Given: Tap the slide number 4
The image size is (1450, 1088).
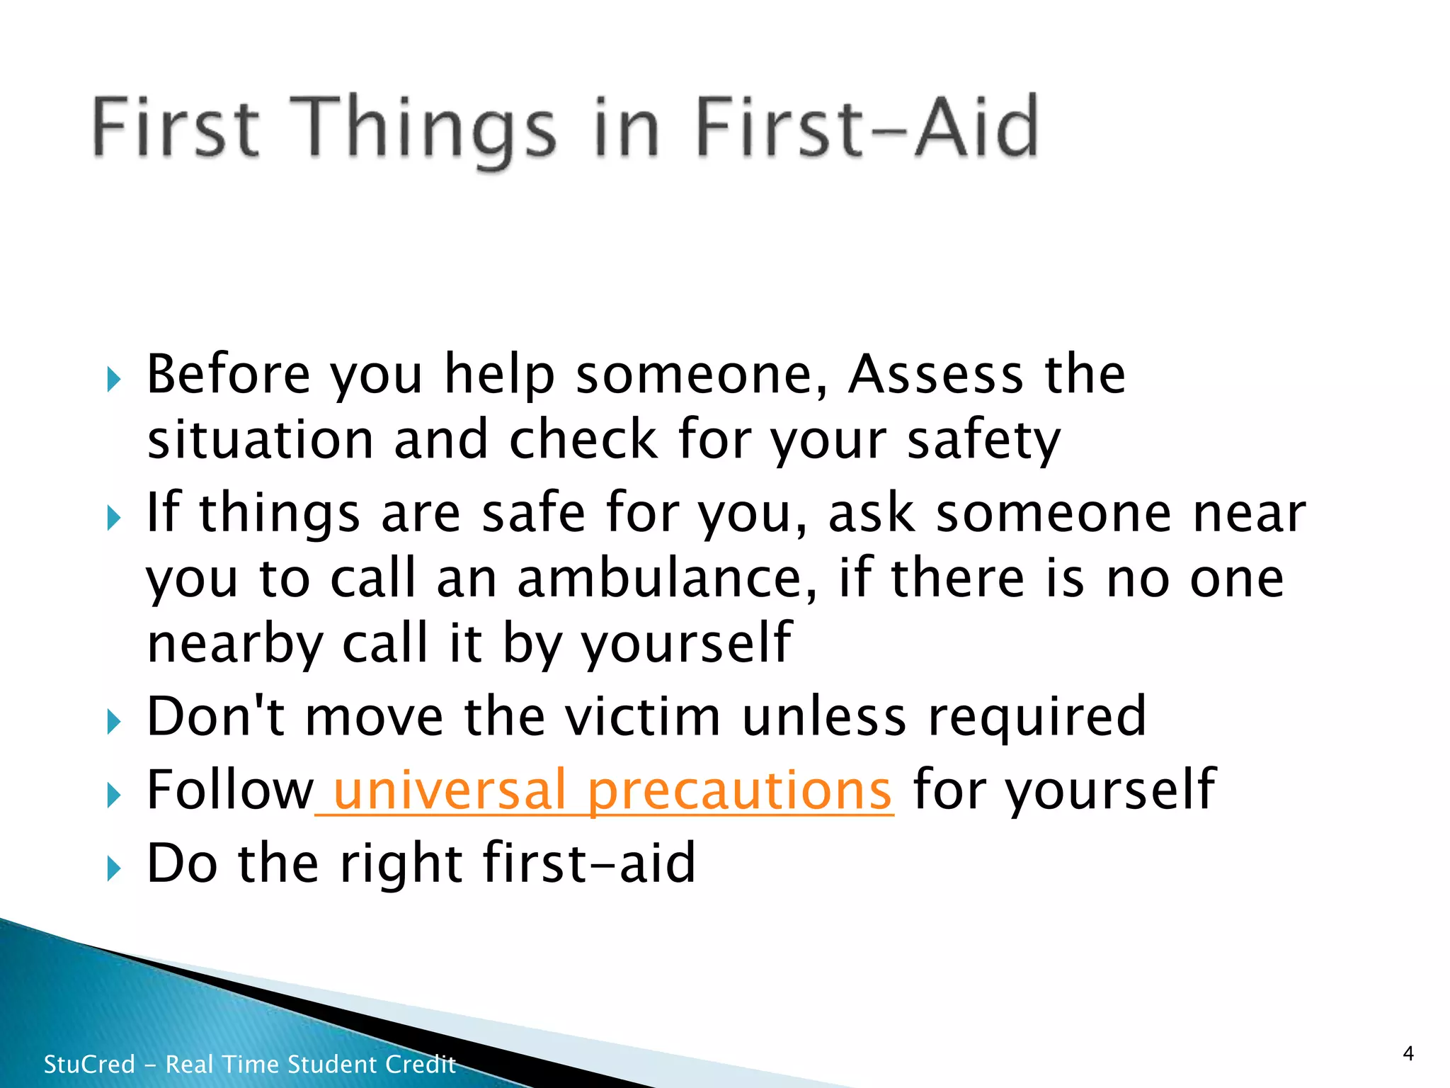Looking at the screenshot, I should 1408,1053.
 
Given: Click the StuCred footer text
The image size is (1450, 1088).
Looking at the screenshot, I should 249,1064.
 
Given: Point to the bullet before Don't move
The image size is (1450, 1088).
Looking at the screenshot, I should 113,722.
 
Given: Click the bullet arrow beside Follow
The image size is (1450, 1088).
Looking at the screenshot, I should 113,795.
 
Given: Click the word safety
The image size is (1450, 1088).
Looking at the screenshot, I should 984,441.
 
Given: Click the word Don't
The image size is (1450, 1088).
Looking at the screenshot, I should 215,717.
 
